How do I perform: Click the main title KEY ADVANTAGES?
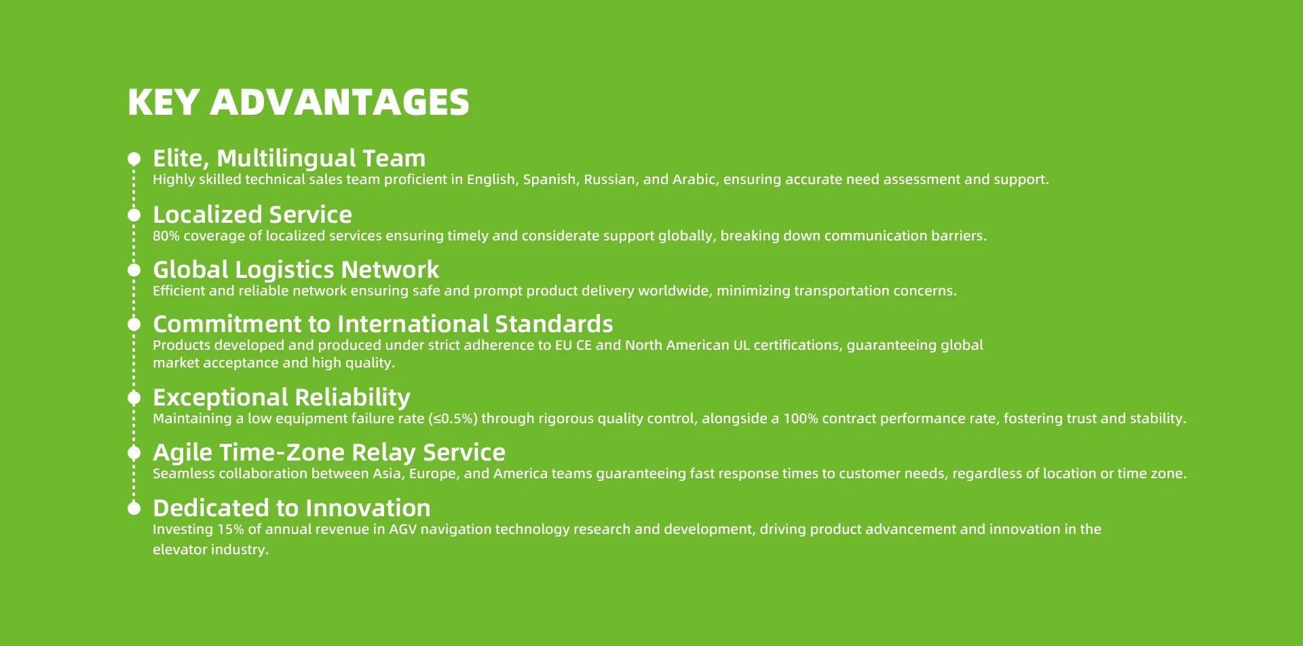click(299, 102)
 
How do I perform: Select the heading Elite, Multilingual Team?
click(289, 158)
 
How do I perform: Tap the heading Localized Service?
click(252, 215)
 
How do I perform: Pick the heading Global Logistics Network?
click(296, 270)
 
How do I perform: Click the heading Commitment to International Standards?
click(383, 324)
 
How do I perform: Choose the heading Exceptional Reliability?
click(282, 397)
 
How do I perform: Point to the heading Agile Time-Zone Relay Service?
click(329, 452)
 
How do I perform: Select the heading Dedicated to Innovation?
click(292, 508)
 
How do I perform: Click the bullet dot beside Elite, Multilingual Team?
click(134, 159)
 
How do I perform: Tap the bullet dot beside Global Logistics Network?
click(134, 270)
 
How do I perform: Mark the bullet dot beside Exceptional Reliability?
click(134, 397)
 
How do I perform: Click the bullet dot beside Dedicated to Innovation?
click(134, 508)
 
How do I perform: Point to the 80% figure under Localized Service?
click(166, 236)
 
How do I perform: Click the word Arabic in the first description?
click(694, 179)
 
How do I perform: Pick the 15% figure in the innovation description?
click(231, 529)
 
